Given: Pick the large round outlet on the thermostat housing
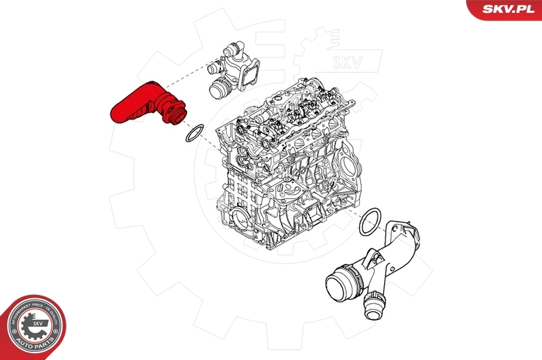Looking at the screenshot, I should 220,87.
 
